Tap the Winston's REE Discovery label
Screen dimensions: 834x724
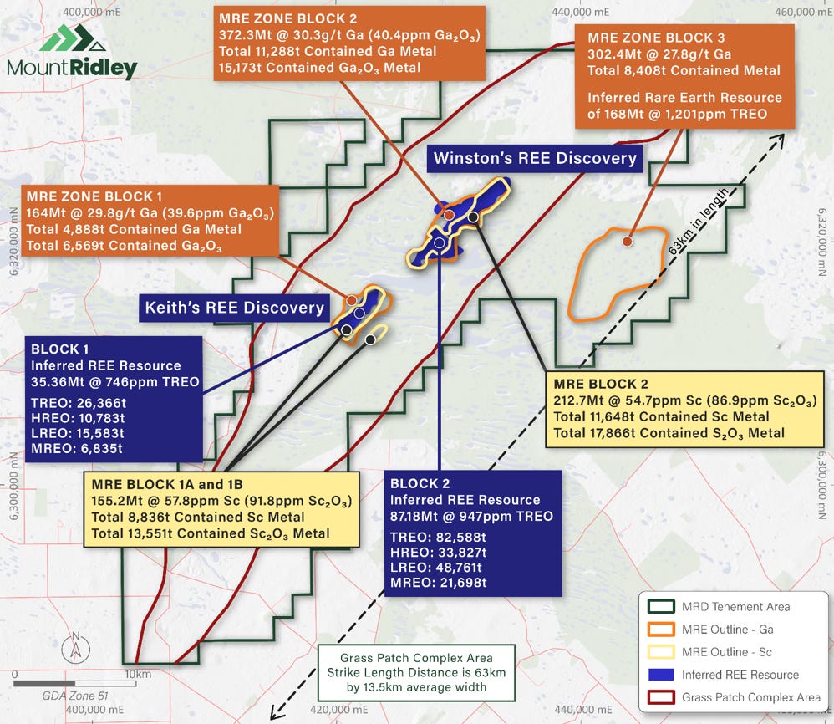pos(535,158)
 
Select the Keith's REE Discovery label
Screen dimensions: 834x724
pos(234,308)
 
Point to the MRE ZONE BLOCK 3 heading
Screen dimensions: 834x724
pos(656,38)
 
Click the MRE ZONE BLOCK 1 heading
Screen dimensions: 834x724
pos(106,195)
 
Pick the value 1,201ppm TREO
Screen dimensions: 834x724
pos(713,114)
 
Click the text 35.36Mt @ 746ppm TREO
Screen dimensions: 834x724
pos(115,382)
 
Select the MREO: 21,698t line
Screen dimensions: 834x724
pos(439,582)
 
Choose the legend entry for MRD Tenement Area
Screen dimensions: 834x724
pos(735,607)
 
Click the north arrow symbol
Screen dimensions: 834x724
pos(76,645)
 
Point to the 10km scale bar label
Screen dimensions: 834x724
pos(133,673)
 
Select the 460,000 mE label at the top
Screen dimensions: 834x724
pos(794,12)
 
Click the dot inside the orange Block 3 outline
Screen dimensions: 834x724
pos(627,242)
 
